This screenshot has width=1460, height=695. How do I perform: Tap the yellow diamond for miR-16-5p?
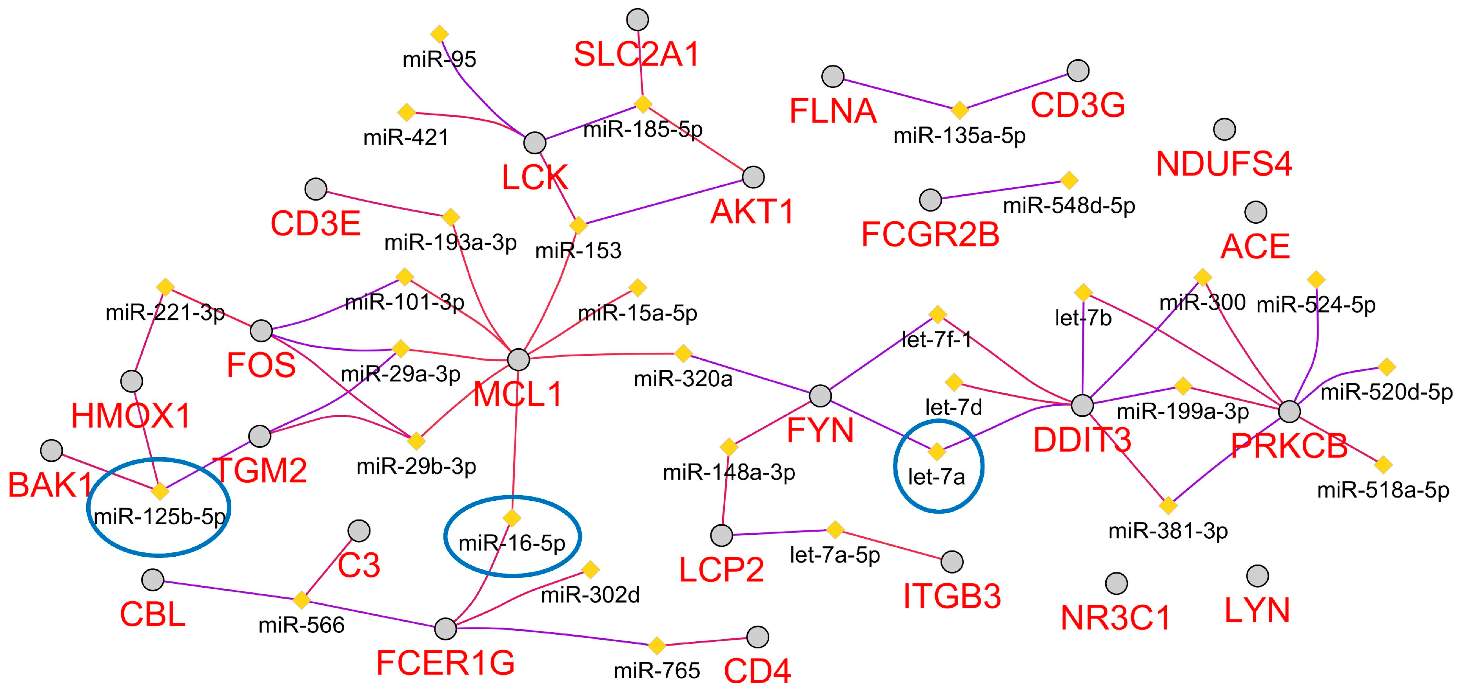click(512, 518)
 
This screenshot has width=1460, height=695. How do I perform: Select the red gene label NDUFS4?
click(1224, 164)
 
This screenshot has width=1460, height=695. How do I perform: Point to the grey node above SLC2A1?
click(637, 19)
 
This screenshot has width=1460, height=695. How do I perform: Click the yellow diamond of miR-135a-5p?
click(959, 109)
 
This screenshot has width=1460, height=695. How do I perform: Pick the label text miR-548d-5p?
click(1069, 206)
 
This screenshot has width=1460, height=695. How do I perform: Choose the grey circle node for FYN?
click(820, 395)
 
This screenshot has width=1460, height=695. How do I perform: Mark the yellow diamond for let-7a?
click(937, 451)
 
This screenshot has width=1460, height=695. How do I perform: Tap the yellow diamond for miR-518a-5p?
click(1383, 465)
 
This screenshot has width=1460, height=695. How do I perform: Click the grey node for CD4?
click(758, 637)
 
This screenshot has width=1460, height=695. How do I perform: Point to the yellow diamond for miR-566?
click(301, 600)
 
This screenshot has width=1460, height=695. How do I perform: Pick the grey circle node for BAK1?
click(52, 450)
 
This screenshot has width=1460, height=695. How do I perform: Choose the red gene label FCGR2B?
click(930, 235)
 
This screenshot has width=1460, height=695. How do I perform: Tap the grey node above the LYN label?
click(1258, 576)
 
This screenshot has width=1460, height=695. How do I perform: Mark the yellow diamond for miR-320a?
click(683, 353)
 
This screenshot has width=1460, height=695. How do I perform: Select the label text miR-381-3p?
click(1168, 531)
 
